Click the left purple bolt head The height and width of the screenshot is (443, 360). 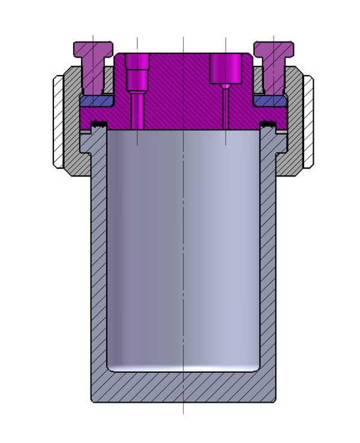[93, 48]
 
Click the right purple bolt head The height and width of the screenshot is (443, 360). [274, 48]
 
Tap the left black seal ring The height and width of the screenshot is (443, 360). [98, 125]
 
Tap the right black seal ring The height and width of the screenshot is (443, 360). [268, 125]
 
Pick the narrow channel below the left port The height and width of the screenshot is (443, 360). [137, 111]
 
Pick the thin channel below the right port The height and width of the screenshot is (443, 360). [225, 108]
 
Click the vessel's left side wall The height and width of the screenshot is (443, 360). [98, 270]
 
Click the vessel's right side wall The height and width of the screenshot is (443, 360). [268, 270]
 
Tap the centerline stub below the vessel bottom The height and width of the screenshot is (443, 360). [183, 408]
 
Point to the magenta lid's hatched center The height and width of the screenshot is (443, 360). [183, 90]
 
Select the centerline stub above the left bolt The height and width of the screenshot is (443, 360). [93, 38]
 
